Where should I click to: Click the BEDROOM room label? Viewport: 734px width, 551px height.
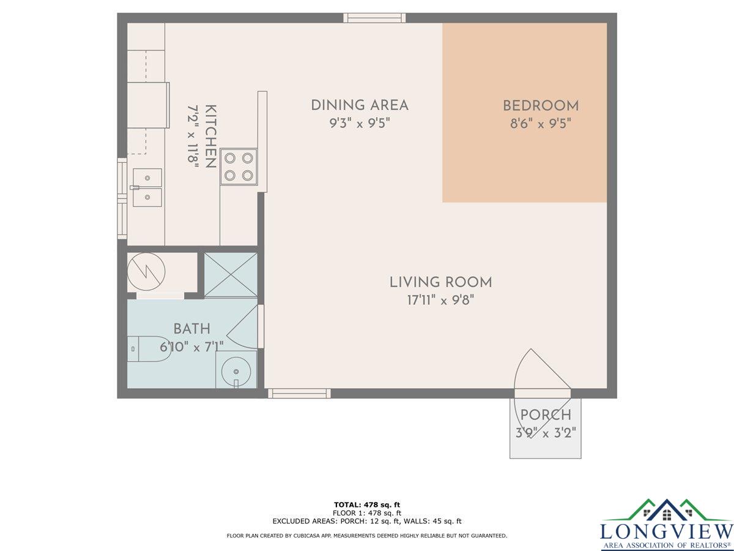pos(541,106)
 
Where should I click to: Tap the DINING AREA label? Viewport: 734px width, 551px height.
pos(360,105)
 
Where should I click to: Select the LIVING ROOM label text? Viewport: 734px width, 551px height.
pos(441,282)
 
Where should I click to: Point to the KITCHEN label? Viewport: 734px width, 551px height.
pos(210,136)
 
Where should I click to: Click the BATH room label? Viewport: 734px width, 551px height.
pos(192,329)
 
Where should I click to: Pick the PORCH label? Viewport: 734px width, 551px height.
pos(546,415)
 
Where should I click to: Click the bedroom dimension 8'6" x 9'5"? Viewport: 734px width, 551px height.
pos(540,124)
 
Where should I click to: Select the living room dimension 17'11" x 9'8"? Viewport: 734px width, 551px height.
pos(441,300)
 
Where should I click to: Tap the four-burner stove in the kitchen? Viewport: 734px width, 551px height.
pos(239,167)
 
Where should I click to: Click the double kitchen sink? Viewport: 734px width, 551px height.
pos(147,187)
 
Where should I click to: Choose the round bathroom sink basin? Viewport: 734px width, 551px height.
pos(236,372)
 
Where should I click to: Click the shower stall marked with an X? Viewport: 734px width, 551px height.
pos(231,275)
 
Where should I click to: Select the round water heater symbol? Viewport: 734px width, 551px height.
pos(146,271)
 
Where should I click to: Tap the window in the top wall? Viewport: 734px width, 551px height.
pos(374,18)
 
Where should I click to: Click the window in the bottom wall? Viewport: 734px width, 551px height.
pos(299,394)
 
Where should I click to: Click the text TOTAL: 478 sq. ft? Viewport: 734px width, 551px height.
pos(367,505)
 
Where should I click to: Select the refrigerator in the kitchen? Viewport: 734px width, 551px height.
pos(149,105)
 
